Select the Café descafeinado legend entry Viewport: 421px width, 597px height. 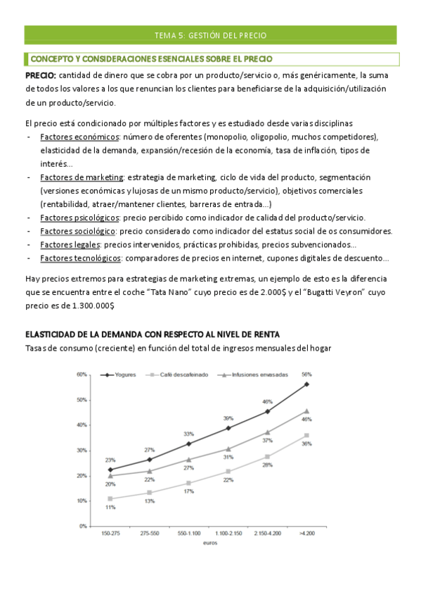pos(183,375)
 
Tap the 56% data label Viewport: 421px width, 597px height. pos(306,375)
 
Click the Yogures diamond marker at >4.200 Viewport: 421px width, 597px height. pos(306,384)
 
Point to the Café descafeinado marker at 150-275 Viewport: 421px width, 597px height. pos(110,498)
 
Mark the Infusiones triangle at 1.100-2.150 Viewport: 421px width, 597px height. pos(228,448)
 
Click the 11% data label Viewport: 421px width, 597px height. pos(110,507)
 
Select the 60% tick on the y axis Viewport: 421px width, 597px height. pos(82,375)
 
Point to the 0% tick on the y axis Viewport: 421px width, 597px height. pos(83,526)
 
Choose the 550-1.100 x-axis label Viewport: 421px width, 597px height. pos(189,534)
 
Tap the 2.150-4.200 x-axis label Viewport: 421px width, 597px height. pos(267,534)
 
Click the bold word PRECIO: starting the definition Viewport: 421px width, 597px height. pos(41,75)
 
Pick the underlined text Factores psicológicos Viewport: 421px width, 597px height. pos(79,218)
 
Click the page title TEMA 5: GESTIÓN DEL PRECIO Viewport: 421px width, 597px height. pos(210,35)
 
